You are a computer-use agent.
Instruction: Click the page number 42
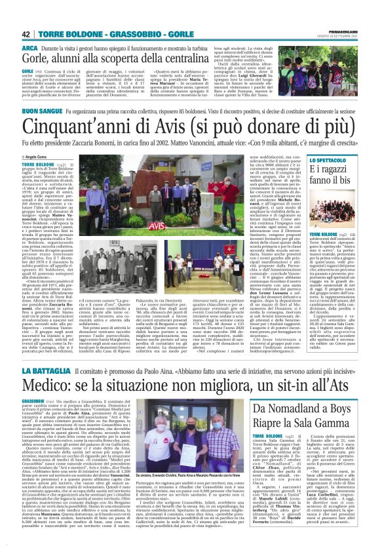(x=27, y=34)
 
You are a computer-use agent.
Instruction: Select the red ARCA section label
(x=29, y=49)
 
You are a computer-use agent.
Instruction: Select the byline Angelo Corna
(x=41, y=157)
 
